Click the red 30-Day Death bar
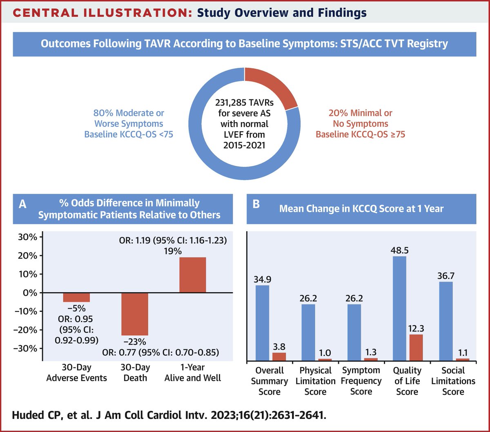pyautogui.click(x=135, y=313)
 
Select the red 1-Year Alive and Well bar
pyautogui.click(x=192, y=275)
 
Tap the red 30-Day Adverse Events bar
pyautogui.click(x=76, y=297)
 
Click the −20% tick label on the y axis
pyautogui.click(x=25, y=330)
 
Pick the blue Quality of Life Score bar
pyautogui.click(x=400, y=309)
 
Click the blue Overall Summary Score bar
pyautogui.click(x=263, y=323)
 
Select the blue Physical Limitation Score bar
pyautogui.click(x=308, y=332)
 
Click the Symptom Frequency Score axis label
pyautogui.click(x=361, y=381)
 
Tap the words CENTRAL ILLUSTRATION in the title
pyautogui.click(x=99, y=13)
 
